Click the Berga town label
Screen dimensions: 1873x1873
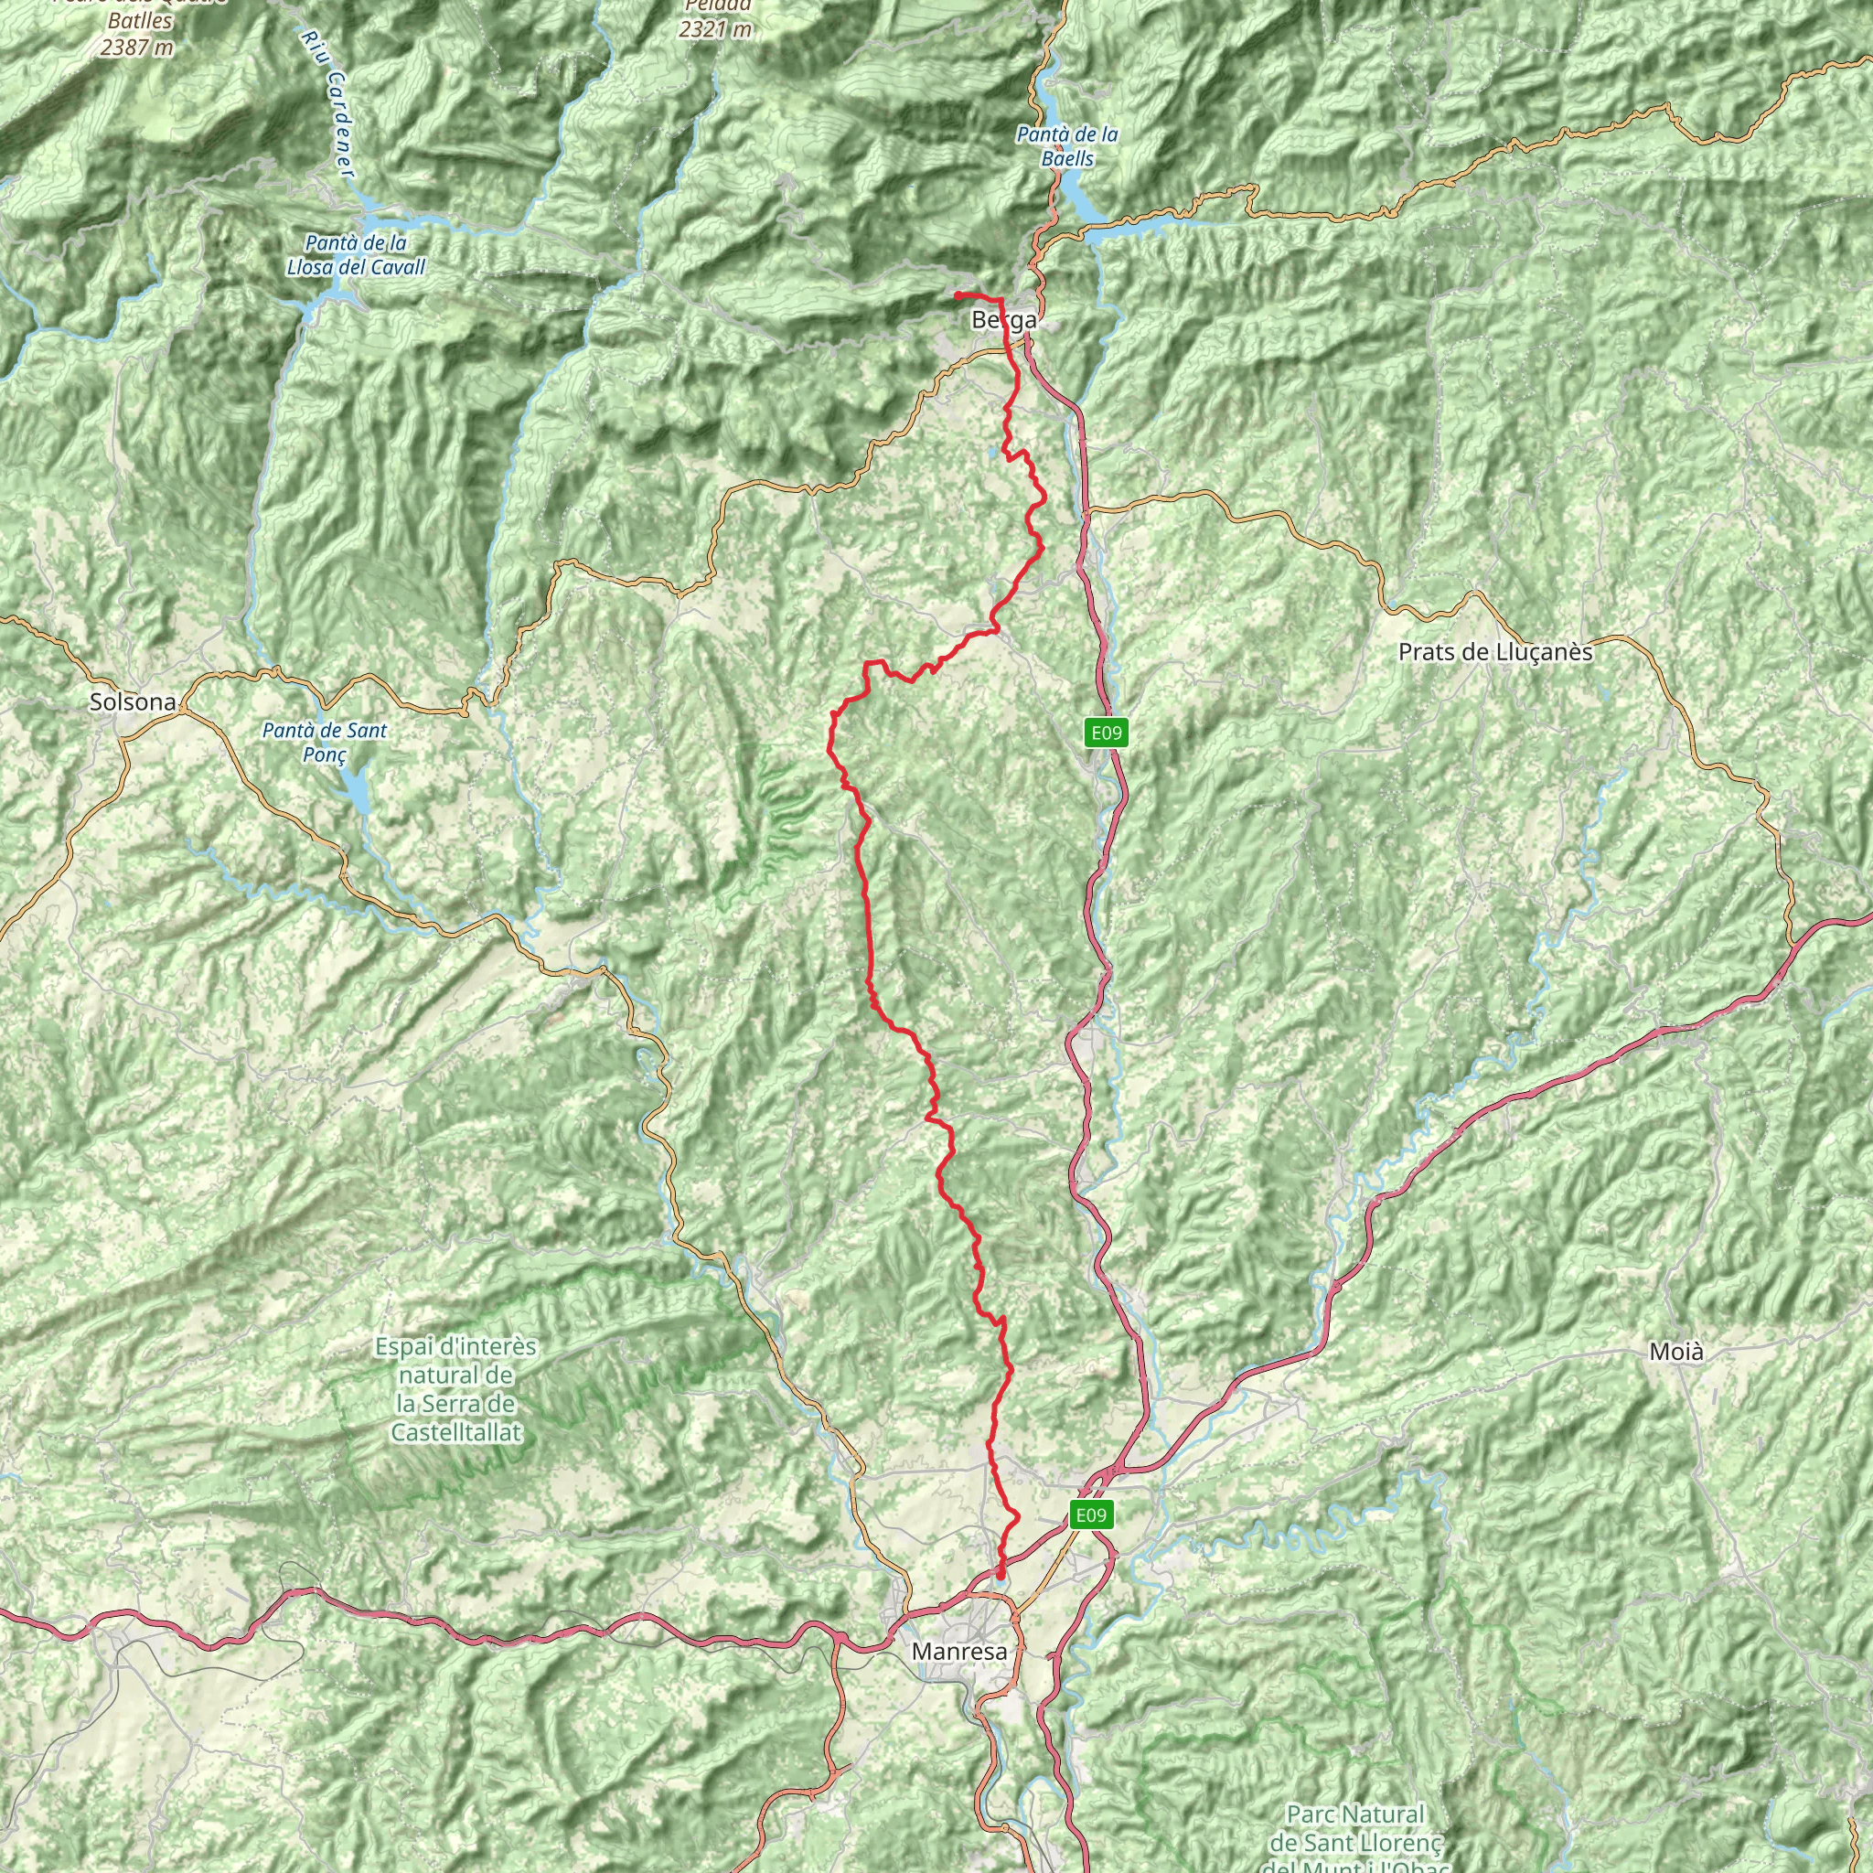point(1003,320)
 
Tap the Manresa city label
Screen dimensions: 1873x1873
point(958,1651)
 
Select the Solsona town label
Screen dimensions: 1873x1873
point(133,701)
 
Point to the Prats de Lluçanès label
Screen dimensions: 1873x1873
point(1495,652)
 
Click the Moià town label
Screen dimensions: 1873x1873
point(1675,1352)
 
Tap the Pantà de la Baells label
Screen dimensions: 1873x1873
point(1066,146)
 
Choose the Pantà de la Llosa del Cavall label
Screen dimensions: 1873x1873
point(356,255)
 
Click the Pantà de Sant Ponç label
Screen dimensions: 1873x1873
point(324,743)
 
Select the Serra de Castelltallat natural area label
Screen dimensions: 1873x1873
point(455,1389)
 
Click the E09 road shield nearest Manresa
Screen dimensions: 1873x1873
point(1089,1515)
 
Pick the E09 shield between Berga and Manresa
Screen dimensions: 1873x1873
point(1107,733)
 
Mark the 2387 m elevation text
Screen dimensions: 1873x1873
point(136,47)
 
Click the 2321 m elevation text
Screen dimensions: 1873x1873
point(714,29)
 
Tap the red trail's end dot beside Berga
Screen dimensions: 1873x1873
point(957,294)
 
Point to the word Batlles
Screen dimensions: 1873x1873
point(141,20)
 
